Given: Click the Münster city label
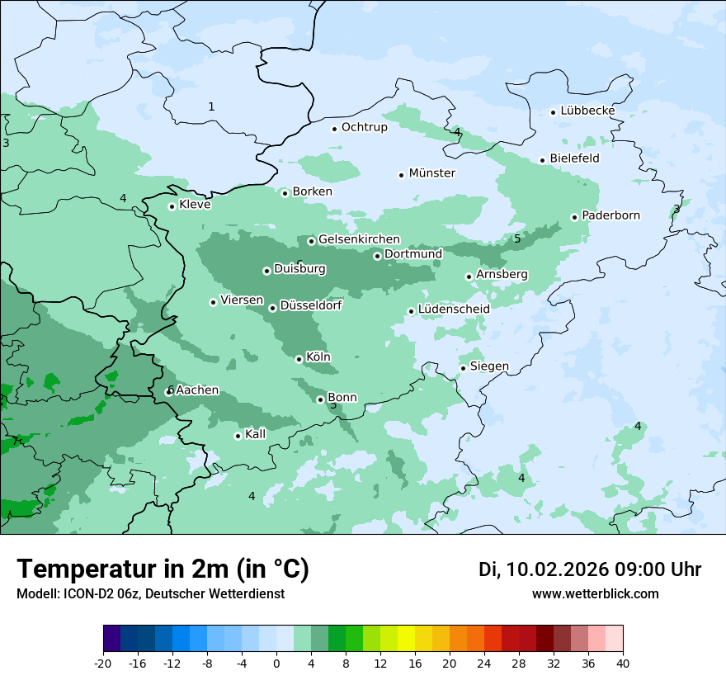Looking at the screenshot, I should coord(431,173).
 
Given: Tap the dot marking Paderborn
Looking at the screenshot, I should coord(575,217).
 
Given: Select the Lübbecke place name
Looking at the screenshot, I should coord(587,111).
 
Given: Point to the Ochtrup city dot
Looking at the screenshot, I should coord(335,128).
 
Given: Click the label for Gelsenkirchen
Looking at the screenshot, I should coord(359,239).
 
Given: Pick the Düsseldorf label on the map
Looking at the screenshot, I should coord(311,305).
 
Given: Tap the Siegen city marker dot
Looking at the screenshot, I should coord(464,368).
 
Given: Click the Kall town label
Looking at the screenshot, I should coord(256,434).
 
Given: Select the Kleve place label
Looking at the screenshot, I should coord(195,205).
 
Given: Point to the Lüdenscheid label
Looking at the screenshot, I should coord(454,309).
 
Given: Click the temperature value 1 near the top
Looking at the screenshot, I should coord(211,106).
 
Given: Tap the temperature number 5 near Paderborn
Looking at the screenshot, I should coord(517,239).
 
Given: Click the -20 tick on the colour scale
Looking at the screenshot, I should coord(103,663).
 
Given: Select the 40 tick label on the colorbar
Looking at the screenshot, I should coord(623,663).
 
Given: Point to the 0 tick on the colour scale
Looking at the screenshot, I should coord(276,663).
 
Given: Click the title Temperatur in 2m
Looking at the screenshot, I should coord(163,569).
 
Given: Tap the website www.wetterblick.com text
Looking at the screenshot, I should coord(595,594).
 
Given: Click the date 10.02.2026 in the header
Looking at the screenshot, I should coord(557,569).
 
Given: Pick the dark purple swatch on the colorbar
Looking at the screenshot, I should coord(112,639).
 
